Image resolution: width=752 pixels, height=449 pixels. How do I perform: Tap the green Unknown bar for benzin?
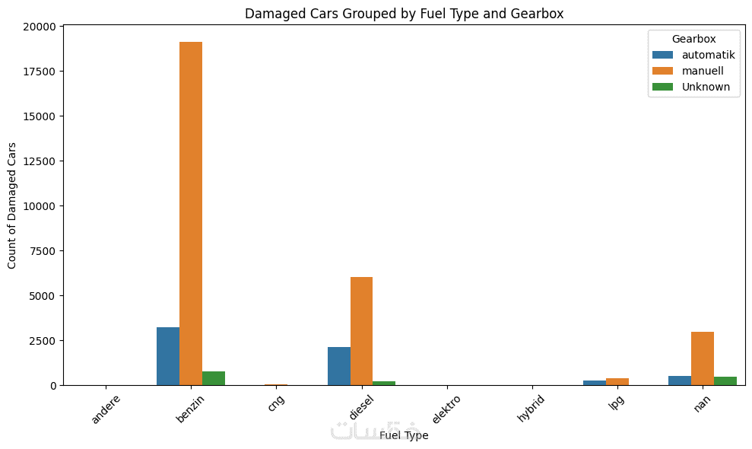click(214, 378)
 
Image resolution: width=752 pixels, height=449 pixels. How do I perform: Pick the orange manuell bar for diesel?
click(361, 331)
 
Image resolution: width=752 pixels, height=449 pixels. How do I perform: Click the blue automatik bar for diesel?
click(339, 366)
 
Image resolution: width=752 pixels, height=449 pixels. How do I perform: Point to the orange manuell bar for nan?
click(703, 358)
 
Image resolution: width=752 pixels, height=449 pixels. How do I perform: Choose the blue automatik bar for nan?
click(680, 381)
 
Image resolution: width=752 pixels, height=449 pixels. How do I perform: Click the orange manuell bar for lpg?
click(617, 382)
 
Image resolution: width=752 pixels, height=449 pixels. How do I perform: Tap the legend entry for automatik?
click(708, 55)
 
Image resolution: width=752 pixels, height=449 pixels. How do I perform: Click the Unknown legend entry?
click(706, 87)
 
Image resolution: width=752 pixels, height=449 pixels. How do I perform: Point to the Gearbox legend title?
click(693, 38)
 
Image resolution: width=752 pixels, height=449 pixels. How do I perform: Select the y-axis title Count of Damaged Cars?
click(12, 205)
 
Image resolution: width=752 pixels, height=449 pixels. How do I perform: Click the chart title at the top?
click(404, 13)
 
